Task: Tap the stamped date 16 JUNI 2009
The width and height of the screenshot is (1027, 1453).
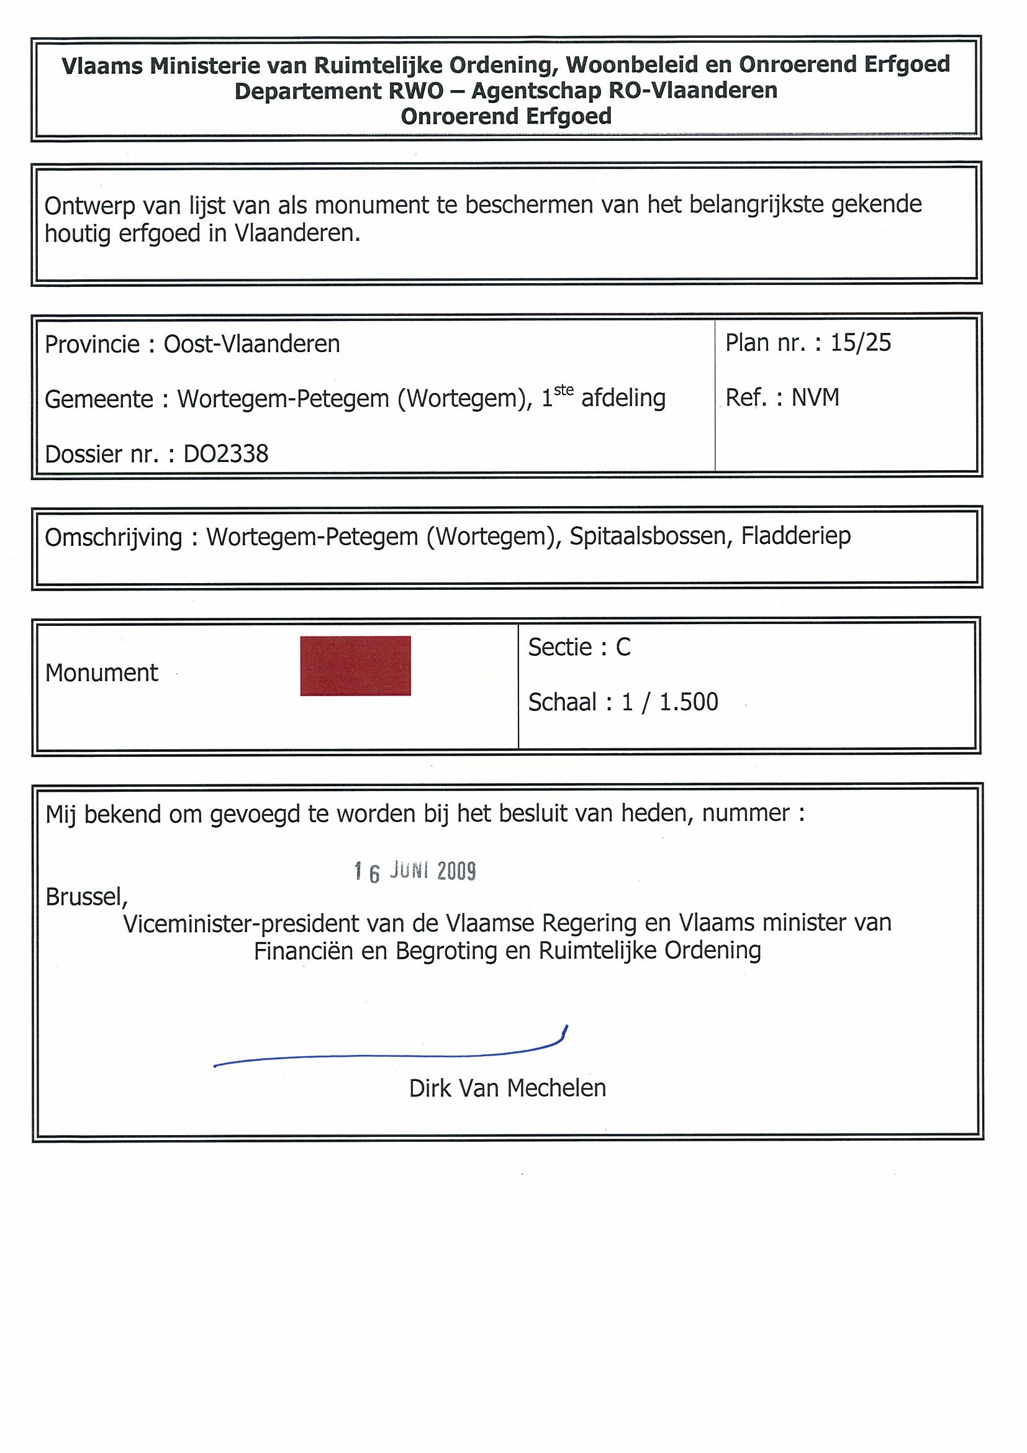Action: pos(415,871)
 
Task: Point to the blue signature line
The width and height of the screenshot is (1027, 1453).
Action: pos(389,1055)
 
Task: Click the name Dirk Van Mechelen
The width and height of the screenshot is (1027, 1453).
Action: pos(507,1088)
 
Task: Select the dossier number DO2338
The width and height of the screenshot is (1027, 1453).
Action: pos(225,454)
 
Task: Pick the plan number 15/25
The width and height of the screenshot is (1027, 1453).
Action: pos(860,343)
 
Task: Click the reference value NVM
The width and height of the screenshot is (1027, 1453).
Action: pos(815,397)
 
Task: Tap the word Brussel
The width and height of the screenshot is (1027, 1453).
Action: pos(86,897)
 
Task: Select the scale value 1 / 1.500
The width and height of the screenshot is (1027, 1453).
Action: pos(669,702)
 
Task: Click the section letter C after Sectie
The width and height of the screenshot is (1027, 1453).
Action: pos(623,647)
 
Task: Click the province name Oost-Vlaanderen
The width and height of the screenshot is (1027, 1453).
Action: pos(252,344)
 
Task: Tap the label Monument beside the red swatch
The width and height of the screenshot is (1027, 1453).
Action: pos(101,672)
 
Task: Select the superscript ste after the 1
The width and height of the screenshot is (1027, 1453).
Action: pos(564,390)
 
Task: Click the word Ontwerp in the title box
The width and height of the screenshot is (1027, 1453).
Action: pos(90,206)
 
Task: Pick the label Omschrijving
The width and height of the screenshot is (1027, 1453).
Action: pos(113,537)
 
